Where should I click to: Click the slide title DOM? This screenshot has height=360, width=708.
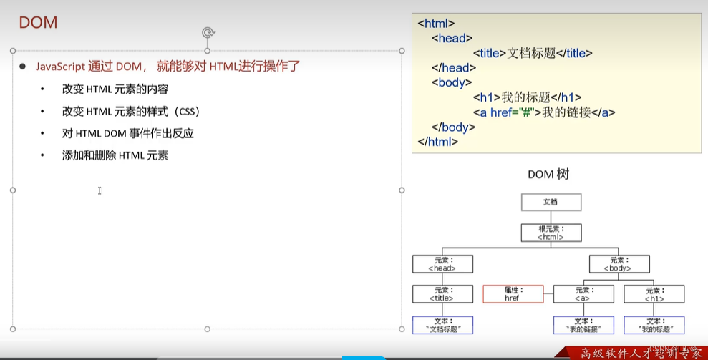tap(38, 23)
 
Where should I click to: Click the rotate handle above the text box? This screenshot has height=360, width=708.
tap(208, 32)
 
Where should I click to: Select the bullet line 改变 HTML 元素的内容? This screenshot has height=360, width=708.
tap(115, 89)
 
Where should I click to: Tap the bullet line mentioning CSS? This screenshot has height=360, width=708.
tap(130, 112)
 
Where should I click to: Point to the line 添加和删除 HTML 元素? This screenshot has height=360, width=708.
tap(115, 155)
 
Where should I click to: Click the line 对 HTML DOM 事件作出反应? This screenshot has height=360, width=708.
tap(128, 134)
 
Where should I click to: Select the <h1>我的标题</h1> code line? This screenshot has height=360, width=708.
tap(527, 97)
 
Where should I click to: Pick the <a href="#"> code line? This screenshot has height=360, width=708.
tap(544, 112)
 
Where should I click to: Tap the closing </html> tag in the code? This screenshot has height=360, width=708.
tap(437, 142)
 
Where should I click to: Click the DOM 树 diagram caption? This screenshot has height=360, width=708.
tap(549, 175)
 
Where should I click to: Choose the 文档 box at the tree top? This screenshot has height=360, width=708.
tap(550, 202)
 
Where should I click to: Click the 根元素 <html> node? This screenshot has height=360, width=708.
tap(551, 233)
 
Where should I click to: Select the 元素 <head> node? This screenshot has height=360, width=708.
tap(442, 264)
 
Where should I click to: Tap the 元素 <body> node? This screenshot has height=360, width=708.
tap(619, 264)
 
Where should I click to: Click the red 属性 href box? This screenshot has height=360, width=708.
tap(512, 294)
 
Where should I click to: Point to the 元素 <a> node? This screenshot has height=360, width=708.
tap(583, 294)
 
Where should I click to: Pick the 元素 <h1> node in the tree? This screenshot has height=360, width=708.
tap(654, 294)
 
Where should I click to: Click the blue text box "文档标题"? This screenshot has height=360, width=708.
tap(442, 326)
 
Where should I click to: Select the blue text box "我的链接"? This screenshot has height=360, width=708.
tap(583, 326)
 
